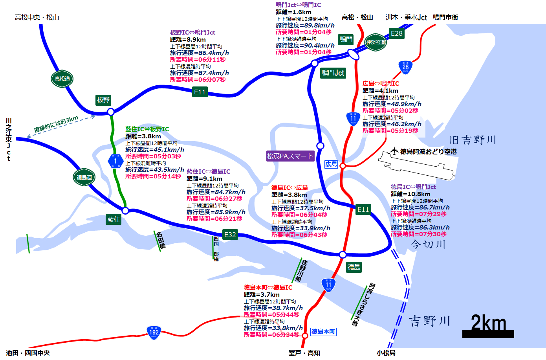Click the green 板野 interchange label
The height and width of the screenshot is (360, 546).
point(103,100)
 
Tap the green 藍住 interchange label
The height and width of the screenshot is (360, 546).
point(114,219)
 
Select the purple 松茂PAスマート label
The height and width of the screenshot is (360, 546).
point(290,156)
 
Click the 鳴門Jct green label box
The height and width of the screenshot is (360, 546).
point(333,73)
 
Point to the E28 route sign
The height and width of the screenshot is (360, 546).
point(396,33)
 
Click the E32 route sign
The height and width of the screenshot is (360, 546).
point(230,235)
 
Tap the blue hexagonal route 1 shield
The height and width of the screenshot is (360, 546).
point(115,161)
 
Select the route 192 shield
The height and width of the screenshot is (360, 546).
point(154,332)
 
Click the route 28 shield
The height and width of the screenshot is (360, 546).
point(405,67)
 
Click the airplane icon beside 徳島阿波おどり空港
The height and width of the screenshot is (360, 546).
point(394,151)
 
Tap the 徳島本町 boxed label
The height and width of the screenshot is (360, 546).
point(323,332)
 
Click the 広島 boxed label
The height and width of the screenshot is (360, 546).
point(331,164)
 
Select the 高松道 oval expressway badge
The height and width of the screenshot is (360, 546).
point(62,79)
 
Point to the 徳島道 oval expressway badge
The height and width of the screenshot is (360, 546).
point(84,177)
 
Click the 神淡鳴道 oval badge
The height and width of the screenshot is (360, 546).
point(376,42)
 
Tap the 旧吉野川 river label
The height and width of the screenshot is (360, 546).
point(473,140)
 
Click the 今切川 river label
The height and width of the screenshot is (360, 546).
point(428,244)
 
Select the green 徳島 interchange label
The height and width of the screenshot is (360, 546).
point(354,267)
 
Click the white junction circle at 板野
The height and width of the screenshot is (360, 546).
point(111,112)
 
